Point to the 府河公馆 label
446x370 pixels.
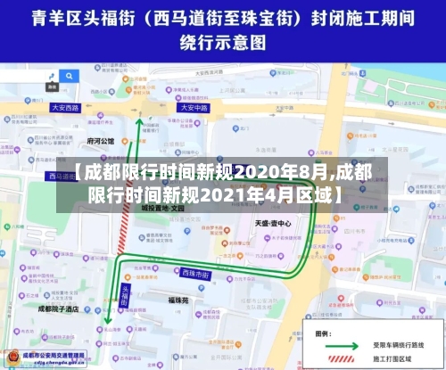(x=101, y=141)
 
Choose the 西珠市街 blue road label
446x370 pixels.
(x=195, y=273)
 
